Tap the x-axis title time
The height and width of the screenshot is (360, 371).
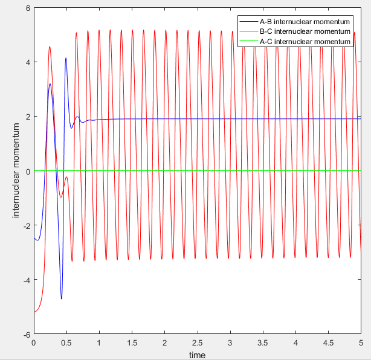(x=197, y=355)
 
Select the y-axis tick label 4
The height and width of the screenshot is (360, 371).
(x=28, y=62)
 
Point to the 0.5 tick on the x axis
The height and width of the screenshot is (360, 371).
(x=66, y=342)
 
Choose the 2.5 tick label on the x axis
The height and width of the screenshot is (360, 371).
(x=197, y=342)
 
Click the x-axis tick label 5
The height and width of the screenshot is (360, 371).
(x=360, y=342)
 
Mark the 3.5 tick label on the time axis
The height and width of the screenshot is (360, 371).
(x=262, y=342)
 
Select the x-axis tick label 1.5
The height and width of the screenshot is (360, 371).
(x=132, y=342)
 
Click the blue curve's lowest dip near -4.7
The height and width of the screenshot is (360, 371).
(x=61, y=298)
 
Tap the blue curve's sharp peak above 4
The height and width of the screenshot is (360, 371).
(x=66, y=58)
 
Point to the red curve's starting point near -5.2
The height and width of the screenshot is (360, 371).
(x=34, y=312)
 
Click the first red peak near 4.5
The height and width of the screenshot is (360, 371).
(x=50, y=47)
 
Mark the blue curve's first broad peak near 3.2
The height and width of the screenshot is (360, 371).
(x=50, y=84)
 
